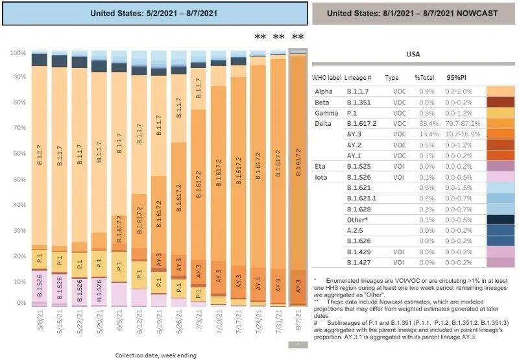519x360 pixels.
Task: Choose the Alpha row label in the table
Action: click(x=323, y=91)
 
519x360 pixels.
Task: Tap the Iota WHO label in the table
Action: click(x=321, y=176)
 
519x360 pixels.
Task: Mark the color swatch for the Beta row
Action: click(x=500, y=102)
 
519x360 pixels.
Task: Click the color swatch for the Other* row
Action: click(x=500, y=219)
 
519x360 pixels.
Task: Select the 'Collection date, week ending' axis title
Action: click(x=155, y=355)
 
